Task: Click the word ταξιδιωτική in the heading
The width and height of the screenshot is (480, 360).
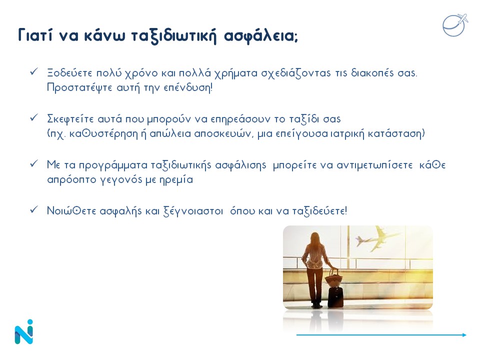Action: tap(174, 36)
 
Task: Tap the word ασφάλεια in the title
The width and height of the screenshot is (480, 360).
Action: tap(260, 35)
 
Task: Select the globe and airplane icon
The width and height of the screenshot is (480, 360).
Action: tap(455, 25)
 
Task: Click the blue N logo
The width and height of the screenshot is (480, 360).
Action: tap(24, 332)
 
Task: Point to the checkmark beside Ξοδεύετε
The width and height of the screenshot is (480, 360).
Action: tap(33, 71)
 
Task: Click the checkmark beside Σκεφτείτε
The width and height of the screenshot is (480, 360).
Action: tap(33, 117)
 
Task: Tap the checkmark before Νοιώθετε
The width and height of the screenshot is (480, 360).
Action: tap(33, 209)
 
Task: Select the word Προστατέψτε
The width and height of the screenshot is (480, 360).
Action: tap(80, 88)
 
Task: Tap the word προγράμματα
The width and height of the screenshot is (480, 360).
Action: tap(113, 165)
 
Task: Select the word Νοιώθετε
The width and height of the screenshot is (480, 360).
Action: tap(71, 211)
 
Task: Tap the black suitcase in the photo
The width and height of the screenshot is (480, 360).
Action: tap(335, 296)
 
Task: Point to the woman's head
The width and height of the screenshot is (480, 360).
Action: tap(315, 238)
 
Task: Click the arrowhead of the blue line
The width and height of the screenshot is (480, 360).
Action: tap(464, 335)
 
